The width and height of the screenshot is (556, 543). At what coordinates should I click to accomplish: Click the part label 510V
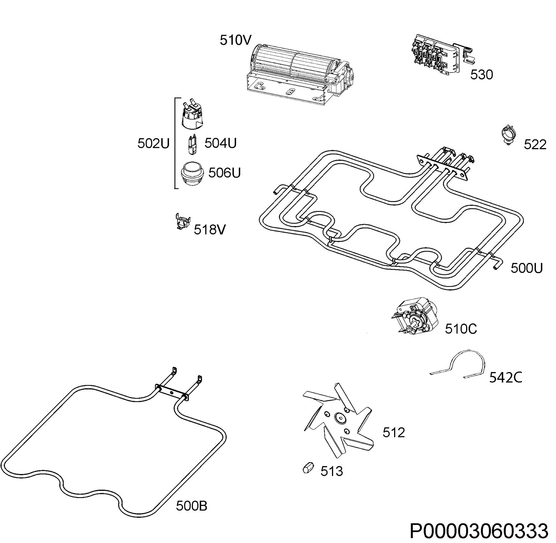click(x=235, y=40)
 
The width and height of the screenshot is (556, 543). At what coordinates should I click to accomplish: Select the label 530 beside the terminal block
click(x=482, y=75)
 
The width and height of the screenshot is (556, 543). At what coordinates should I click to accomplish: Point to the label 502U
click(x=153, y=143)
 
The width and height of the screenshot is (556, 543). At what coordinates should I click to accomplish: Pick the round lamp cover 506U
click(x=193, y=173)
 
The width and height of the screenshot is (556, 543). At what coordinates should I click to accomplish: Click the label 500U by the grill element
click(x=526, y=268)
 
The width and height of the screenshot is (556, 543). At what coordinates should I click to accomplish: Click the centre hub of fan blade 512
click(x=339, y=418)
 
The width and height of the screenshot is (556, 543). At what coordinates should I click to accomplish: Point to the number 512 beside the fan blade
click(x=394, y=433)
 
